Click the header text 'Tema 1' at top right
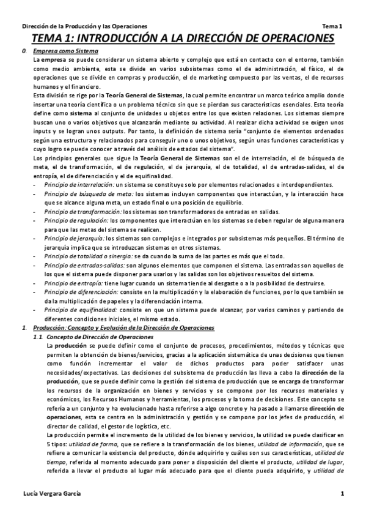pos(332,27)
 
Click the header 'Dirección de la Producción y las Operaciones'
pos(84,27)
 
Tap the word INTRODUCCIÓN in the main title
pos(125,39)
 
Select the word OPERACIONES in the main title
pos(289,39)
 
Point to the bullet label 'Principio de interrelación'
pos(71,185)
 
